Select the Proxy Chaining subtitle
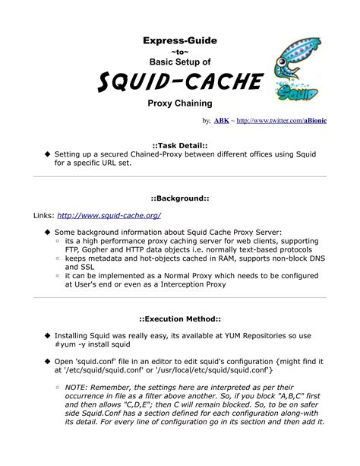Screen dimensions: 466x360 coord(179,102)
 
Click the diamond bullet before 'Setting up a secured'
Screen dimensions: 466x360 coord(47,153)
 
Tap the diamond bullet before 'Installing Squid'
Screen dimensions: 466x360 coord(47,335)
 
